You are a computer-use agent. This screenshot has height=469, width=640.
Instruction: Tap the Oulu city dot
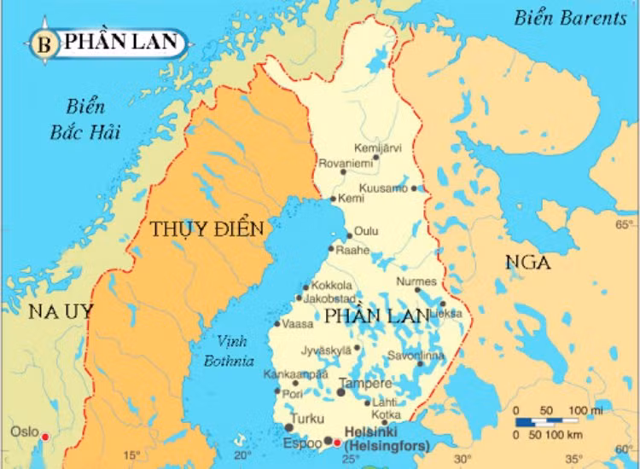[349, 236]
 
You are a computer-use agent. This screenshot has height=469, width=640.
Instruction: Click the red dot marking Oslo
[45, 437]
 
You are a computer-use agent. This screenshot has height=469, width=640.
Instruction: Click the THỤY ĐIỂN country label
[207, 229]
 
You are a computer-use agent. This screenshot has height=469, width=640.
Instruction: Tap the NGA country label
[527, 262]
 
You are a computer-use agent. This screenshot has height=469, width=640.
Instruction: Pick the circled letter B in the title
[44, 43]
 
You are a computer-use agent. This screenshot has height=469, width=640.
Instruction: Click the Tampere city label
[365, 384]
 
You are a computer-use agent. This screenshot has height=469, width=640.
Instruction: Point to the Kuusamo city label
[383, 188]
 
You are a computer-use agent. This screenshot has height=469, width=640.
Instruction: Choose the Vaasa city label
[298, 324]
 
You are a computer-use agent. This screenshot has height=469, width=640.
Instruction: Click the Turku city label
[307, 419]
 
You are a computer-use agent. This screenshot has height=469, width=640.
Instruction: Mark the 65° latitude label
[625, 225]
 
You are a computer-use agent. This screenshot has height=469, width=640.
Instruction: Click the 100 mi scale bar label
[585, 411]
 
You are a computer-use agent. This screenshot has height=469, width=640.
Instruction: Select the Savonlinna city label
[416, 355]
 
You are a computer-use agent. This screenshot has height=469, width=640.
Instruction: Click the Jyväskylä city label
[326, 350]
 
